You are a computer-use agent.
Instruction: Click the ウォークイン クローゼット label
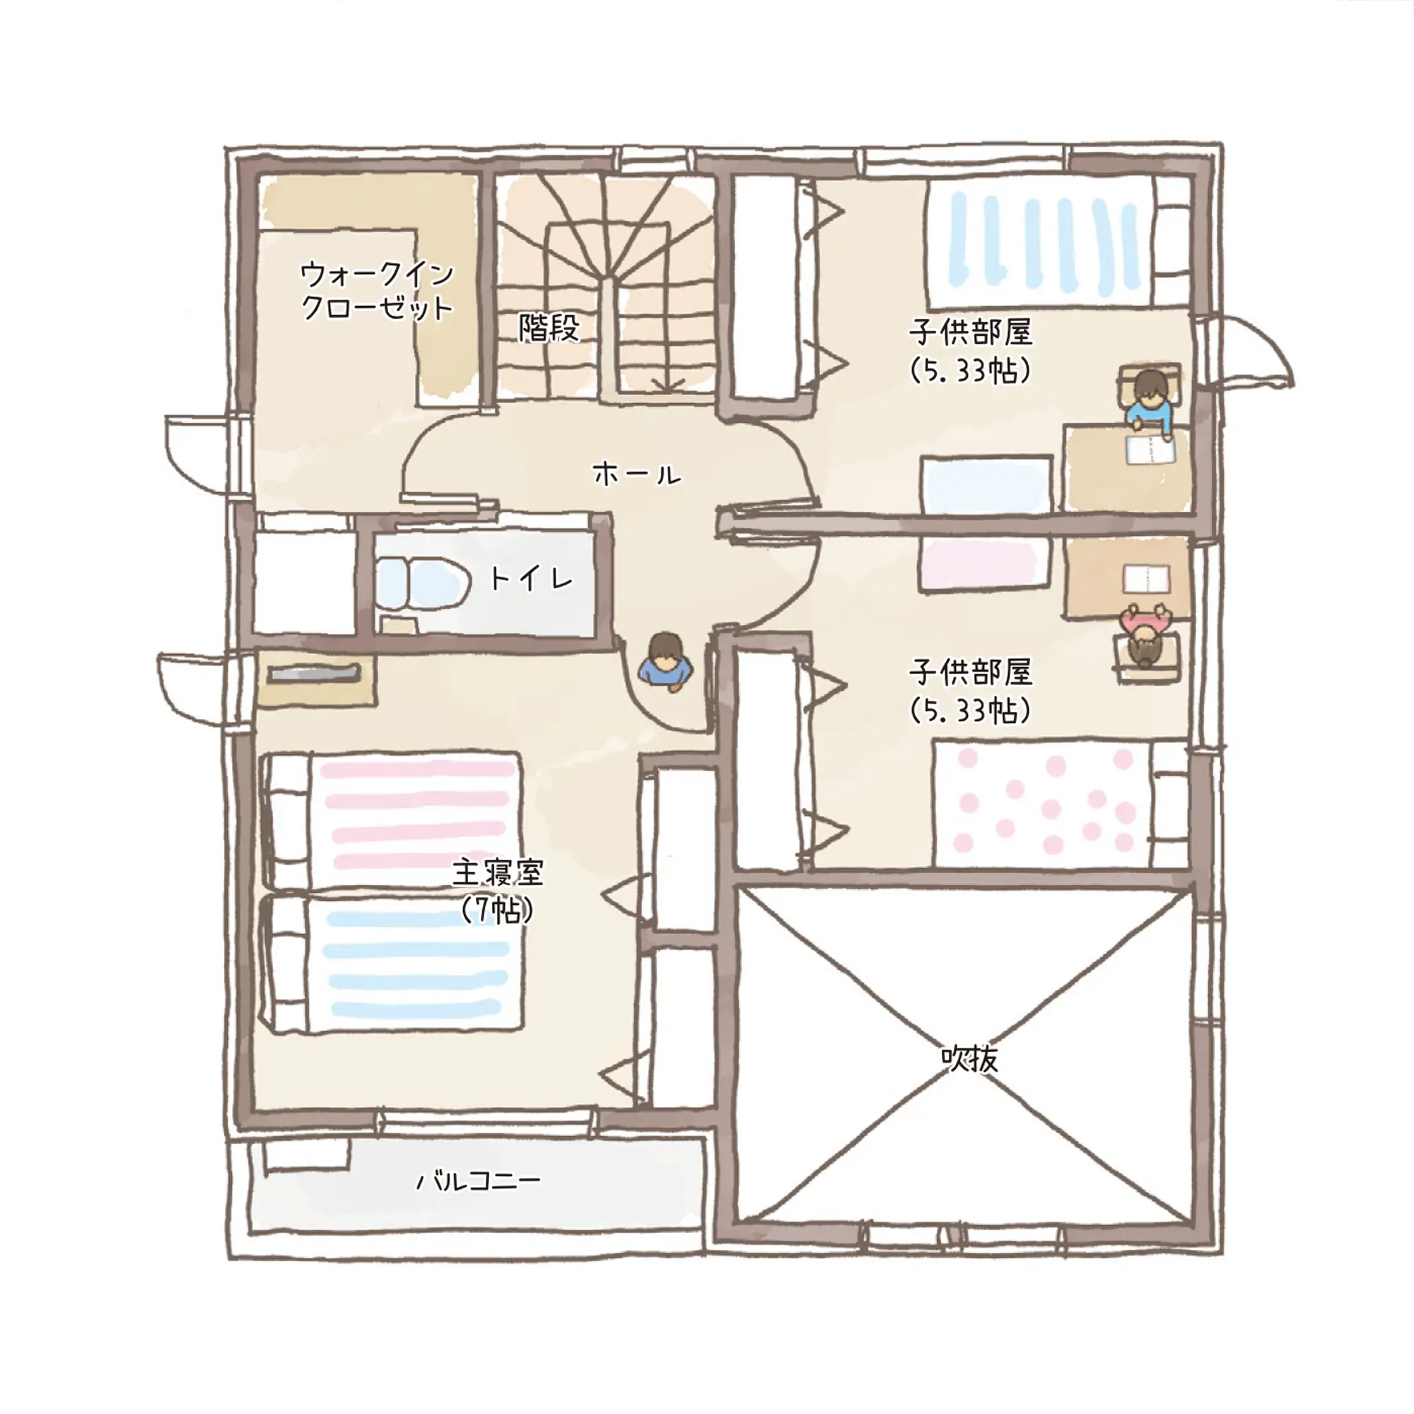click(378, 291)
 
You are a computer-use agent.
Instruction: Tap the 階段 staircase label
click(549, 328)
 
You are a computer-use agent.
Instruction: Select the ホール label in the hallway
click(637, 474)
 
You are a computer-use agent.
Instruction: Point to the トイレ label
click(532, 580)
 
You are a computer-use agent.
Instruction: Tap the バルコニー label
click(479, 1181)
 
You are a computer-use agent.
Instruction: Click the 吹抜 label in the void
click(969, 1057)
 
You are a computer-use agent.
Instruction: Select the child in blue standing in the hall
click(665, 661)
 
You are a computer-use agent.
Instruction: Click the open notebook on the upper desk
click(1150, 450)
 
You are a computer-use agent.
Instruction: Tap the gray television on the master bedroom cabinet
click(315, 672)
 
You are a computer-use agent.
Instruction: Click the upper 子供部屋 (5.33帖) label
click(971, 350)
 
